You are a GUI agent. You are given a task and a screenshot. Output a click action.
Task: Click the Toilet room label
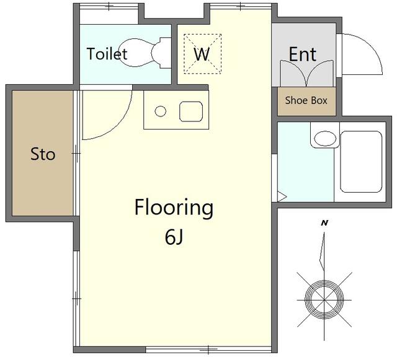point(107,54)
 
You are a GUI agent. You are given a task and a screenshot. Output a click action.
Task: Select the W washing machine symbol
point(203,54)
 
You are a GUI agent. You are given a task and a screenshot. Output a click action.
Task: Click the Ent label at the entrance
point(303,54)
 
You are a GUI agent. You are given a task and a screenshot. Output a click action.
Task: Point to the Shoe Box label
point(306,100)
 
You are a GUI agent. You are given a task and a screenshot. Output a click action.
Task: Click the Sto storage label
point(43,154)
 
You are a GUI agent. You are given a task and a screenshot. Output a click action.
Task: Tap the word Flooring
point(174,208)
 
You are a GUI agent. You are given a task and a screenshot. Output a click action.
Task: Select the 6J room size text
point(174,237)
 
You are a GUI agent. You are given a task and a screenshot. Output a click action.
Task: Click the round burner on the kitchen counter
point(160,112)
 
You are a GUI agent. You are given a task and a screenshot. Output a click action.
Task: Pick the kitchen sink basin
point(191,112)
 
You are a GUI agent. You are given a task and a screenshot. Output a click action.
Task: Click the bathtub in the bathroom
point(361,162)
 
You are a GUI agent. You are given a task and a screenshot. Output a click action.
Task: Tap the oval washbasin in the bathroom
point(325,138)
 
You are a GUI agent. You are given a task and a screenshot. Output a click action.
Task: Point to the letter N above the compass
point(324,223)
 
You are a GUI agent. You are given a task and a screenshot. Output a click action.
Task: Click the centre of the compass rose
point(324,300)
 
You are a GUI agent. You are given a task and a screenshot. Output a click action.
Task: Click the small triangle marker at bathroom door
point(282,197)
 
